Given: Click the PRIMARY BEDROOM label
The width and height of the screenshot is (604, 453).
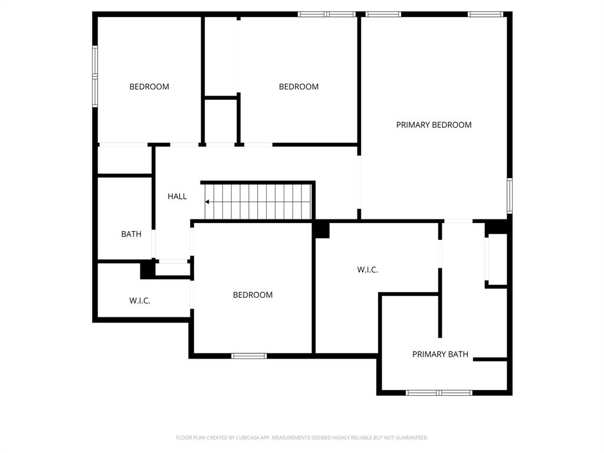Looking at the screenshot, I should pyautogui.click(x=434, y=125).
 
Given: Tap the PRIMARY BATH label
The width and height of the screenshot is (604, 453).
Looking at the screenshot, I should pyautogui.click(x=440, y=354).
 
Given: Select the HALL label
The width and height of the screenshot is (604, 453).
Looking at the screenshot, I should pyautogui.click(x=177, y=196).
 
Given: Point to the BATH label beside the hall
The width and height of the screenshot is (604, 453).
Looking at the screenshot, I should pyautogui.click(x=131, y=234).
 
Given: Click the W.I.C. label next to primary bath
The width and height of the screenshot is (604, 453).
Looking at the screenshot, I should pyautogui.click(x=367, y=270).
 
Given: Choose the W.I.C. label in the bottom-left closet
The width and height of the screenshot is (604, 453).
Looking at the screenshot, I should pyautogui.click(x=140, y=301).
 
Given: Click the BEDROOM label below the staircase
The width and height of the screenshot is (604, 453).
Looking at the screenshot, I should pyautogui.click(x=252, y=295).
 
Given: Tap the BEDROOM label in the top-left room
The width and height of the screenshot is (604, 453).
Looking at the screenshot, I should pyautogui.click(x=149, y=87).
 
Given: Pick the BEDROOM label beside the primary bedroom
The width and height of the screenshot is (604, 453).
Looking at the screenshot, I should pyautogui.click(x=298, y=87).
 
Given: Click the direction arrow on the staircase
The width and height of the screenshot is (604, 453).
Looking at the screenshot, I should pyautogui.click(x=208, y=202).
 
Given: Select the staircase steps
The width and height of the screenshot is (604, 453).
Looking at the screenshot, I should pyautogui.click(x=260, y=201).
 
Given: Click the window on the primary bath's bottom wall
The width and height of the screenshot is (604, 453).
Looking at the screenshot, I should pyautogui.click(x=439, y=392).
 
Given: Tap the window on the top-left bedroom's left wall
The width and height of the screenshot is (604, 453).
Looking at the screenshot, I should pyautogui.click(x=94, y=77).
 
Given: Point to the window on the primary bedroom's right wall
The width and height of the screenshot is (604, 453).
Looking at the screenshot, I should pyautogui.click(x=510, y=195).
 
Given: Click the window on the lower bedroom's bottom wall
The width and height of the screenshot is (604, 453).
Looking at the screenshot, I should pyautogui.click(x=249, y=356).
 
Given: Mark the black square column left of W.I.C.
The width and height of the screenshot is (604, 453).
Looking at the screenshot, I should pyautogui.click(x=321, y=229).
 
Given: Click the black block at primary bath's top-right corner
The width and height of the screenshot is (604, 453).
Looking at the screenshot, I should pyautogui.click(x=497, y=227).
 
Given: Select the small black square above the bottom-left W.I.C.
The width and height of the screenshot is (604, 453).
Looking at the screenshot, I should pyautogui.click(x=147, y=270).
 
